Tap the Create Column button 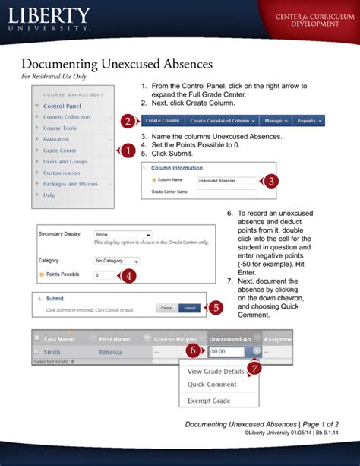pos(163,121)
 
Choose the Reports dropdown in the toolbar pos(308,121)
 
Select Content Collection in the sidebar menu pos(66,117)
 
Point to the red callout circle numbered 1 pos(128,151)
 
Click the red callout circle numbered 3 pos(272,181)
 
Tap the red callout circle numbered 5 pos(216,307)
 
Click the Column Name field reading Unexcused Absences pos(226,181)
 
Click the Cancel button pos(166,308)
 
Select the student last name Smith pos(52,352)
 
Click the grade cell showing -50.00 pos(227,352)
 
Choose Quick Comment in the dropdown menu pos(212,385)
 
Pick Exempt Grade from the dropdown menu pos(209,401)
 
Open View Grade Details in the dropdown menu pos(216,372)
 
